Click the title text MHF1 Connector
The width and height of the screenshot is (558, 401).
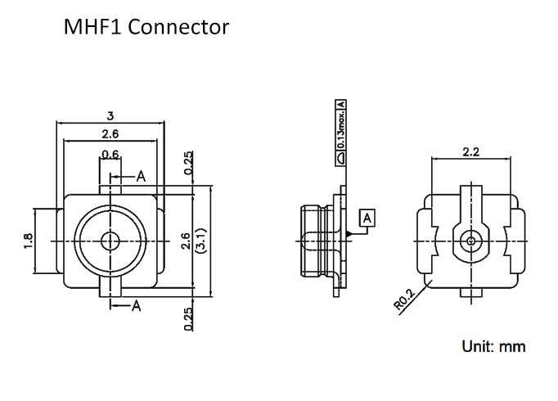tap(146, 28)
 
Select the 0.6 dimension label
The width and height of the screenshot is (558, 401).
tap(110, 154)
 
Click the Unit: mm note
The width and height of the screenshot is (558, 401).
tap(493, 346)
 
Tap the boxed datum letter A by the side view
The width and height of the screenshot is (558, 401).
tap(367, 218)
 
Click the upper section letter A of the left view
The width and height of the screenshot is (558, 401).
tap(141, 175)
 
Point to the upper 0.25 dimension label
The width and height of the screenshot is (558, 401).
tap(189, 163)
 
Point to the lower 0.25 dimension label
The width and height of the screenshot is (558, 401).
tap(189, 317)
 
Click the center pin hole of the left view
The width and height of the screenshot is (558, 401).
tap(110, 241)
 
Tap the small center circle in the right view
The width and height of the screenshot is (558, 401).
tap(470, 241)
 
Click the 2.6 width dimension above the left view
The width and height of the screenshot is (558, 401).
tap(110, 134)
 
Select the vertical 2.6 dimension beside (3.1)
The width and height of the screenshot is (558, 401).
tap(186, 241)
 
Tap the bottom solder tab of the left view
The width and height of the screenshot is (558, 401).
tap(110, 288)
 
